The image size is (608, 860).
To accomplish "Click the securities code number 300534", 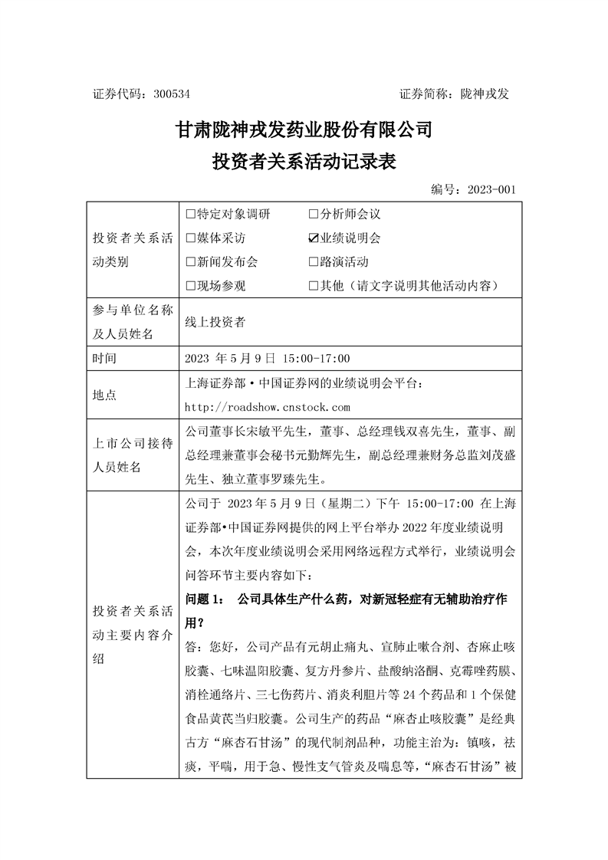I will point(172,94).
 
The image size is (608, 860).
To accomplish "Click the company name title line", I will point(304,130).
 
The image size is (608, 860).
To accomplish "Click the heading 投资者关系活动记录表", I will point(304,162).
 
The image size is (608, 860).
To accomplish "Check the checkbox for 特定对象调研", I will point(191,215).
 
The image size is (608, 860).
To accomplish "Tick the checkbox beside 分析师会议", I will point(314,215).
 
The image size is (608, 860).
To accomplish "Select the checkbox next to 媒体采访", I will point(191,238).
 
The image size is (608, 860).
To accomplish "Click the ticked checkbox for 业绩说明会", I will point(314,238).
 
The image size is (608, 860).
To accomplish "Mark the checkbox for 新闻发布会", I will point(191,262).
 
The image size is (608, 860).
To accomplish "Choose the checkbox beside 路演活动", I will point(314,262).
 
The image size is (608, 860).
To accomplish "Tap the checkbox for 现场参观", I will point(191,286).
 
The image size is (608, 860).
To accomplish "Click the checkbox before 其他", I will point(314,286).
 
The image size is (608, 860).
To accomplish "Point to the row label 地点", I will point(104,395).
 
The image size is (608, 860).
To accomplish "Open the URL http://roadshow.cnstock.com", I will point(268,407).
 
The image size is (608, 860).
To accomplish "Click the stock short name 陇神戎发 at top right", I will point(485,94).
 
